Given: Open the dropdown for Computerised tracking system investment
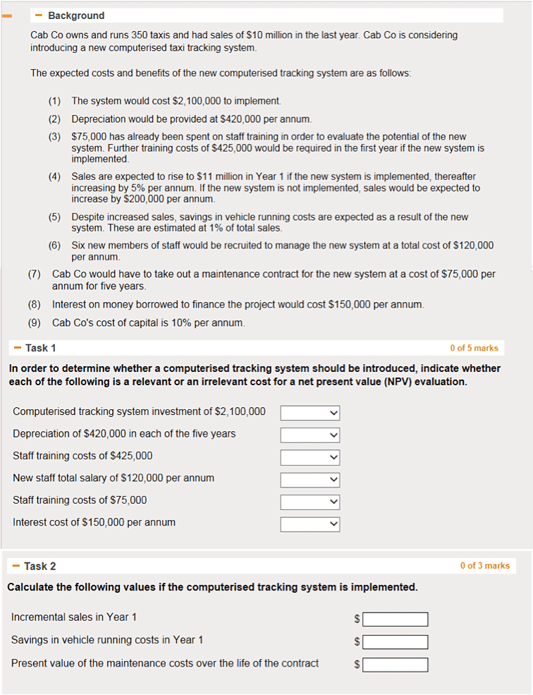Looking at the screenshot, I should [x=310, y=412].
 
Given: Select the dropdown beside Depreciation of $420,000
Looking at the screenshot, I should [x=310, y=435].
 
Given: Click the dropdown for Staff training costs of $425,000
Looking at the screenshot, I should [x=310, y=457].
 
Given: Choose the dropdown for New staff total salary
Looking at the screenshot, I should [x=310, y=480].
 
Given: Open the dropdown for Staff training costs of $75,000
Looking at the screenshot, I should [x=310, y=502].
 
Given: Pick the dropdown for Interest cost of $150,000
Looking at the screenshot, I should [x=310, y=524].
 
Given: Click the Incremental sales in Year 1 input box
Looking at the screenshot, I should [x=396, y=619].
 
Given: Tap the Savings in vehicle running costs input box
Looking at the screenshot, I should [x=396, y=641].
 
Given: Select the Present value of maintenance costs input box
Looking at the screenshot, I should [x=396, y=665].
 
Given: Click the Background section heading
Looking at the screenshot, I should [x=75, y=16].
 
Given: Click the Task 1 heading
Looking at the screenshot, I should [x=40, y=348].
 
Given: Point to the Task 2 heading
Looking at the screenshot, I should [x=39, y=566].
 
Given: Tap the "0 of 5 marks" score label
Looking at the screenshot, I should [x=474, y=348].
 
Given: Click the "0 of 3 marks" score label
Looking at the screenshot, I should [x=484, y=566].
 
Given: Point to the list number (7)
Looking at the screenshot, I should [x=35, y=274].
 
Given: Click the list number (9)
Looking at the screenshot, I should [x=35, y=322].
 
